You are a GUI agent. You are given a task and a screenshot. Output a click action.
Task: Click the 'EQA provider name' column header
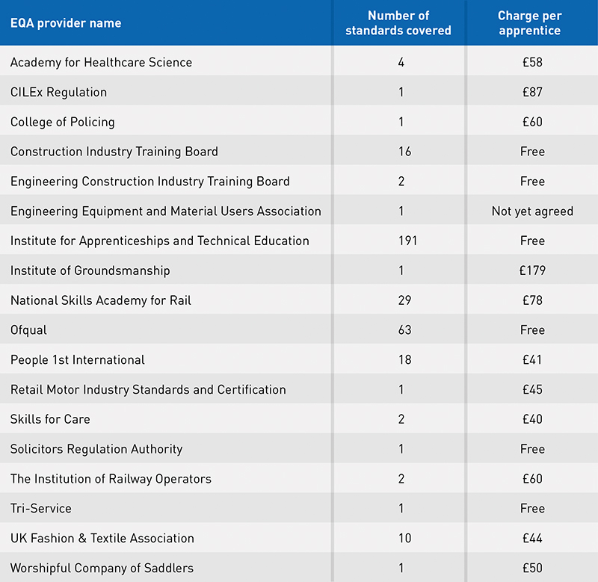[x=66, y=23]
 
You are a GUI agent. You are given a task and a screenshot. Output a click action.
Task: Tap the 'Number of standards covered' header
[x=398, y=23]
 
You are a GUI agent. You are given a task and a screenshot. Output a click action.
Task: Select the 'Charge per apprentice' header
[x=530, y=23]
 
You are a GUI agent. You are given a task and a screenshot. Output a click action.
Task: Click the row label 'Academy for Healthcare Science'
[x=101, y=62]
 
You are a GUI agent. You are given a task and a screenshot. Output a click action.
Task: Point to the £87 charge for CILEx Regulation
[x=532, y=92]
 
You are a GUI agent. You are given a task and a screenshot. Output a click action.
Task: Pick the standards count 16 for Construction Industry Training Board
[x=404, y=152]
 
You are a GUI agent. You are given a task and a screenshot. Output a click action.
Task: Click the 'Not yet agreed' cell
[x=532, y=211]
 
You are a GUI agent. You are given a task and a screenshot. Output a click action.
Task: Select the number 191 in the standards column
[x=407, y=241]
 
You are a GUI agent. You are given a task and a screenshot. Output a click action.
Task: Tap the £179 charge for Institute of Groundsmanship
[x=532, y=270]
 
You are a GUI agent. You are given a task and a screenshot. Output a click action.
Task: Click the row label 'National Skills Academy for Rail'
[x=101, y=300]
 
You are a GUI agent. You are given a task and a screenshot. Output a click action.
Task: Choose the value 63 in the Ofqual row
[x=404, y=330]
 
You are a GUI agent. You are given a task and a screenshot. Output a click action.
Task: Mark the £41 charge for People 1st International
[x=532, y=360]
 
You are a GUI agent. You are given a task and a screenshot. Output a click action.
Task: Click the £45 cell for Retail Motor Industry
[x=532, y=389]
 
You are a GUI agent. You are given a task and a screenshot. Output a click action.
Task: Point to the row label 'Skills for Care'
[x=50, y=419]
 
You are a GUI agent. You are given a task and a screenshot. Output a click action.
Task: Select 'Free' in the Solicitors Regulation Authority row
[x=532, y=449]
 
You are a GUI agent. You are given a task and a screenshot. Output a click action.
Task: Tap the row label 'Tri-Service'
[x=41, y=509]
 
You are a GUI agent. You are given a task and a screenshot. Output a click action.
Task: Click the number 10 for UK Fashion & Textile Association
[x=404, y=538]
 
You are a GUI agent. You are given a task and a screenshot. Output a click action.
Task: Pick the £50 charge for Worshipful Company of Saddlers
[x=532, y=568]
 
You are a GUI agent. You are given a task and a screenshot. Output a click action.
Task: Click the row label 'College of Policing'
[x=63, y=122]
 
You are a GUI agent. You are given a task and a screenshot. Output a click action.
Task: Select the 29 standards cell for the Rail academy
[x=404, y=300]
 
